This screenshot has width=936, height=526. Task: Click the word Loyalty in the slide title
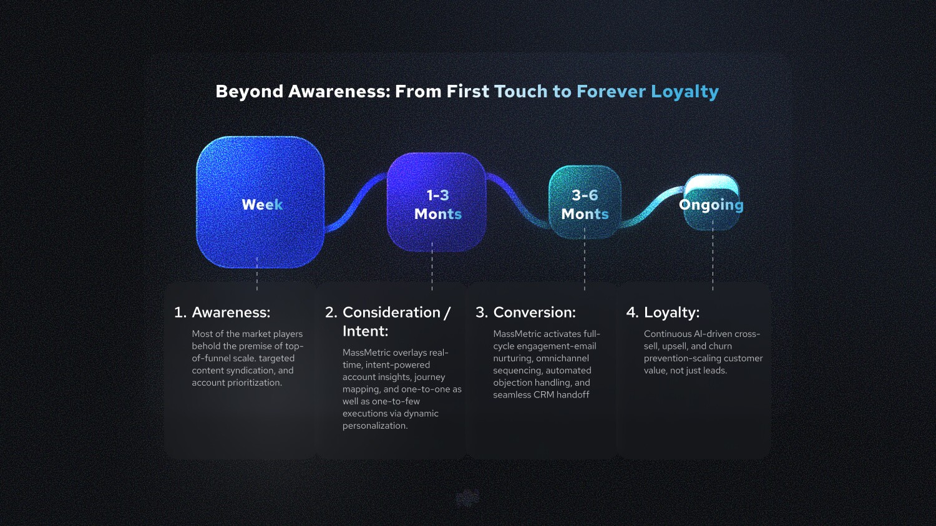coord(685,92)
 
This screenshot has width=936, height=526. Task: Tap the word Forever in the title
coord(611,92)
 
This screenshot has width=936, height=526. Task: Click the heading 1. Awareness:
coord(222,313)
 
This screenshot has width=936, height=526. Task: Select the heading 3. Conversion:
coord(525,313)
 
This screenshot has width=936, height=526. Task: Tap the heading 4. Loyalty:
coord(663,313)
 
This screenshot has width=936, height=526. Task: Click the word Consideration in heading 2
coord(391,313)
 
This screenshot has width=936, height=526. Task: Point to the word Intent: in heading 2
coord(365,331)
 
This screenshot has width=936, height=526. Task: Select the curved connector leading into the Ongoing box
coord(652,206)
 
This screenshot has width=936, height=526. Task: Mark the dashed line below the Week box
coord(257,275)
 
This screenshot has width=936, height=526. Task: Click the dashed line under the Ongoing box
coord(713,262)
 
